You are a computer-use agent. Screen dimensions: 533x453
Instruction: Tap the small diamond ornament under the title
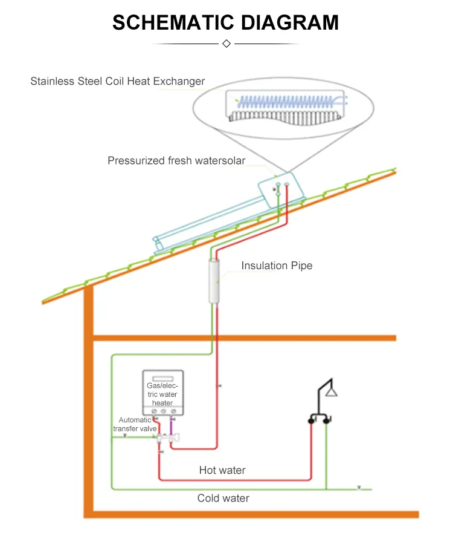pos(226,44)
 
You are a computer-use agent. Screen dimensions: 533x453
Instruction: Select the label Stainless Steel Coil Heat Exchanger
pos(117,81)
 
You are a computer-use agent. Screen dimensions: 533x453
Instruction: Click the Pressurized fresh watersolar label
pos(176,160)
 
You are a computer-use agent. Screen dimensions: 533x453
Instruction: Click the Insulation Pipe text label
pos(277,266)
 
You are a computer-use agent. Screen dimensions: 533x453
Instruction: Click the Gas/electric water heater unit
pos(162,391)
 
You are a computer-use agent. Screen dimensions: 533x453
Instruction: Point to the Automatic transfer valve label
pos(135,424)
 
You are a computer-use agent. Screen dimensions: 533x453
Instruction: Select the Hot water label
pos(222,470)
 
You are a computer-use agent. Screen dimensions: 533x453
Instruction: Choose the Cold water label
pos(223,499)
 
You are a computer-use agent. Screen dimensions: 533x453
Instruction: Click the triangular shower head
pos(331,391)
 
